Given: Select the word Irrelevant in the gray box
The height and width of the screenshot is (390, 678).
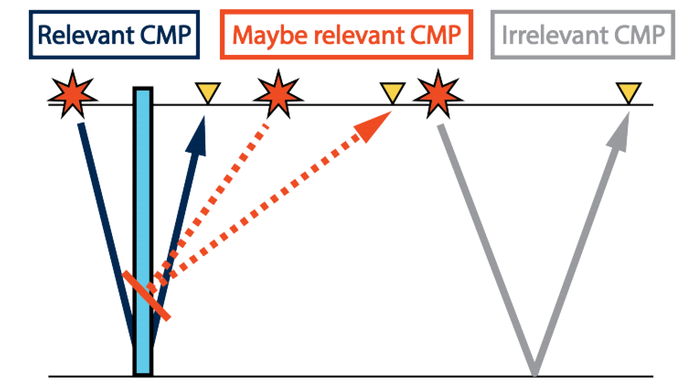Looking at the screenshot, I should (554, 35).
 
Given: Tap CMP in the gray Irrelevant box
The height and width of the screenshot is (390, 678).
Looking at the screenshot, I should (639, 35).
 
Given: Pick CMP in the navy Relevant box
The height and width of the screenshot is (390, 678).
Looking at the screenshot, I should (165, 35).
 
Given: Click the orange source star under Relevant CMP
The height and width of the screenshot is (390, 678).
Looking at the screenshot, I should (73, 95).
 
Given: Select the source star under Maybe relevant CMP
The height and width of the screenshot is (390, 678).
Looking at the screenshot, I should (278, 95).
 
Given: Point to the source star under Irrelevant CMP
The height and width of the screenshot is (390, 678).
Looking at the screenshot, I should (438, 95).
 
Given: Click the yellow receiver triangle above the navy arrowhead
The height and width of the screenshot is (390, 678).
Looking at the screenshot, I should (208, 92).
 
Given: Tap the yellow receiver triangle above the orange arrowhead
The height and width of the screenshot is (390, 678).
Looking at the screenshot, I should (393, 92).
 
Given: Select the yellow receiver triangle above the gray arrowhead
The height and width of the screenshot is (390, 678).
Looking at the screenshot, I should (629, 92).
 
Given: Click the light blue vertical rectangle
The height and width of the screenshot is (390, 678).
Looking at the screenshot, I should (143, 229).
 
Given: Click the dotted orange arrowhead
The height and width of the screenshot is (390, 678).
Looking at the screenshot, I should (373, 128).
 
